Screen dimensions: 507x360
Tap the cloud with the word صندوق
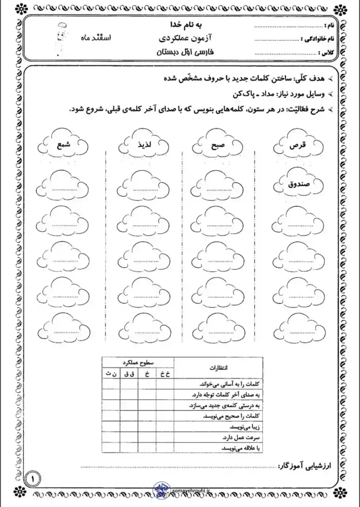[x=297, y=184]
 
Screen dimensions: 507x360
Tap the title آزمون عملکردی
[x=186, y=39]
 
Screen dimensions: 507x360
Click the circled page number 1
[x=34, y=479]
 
